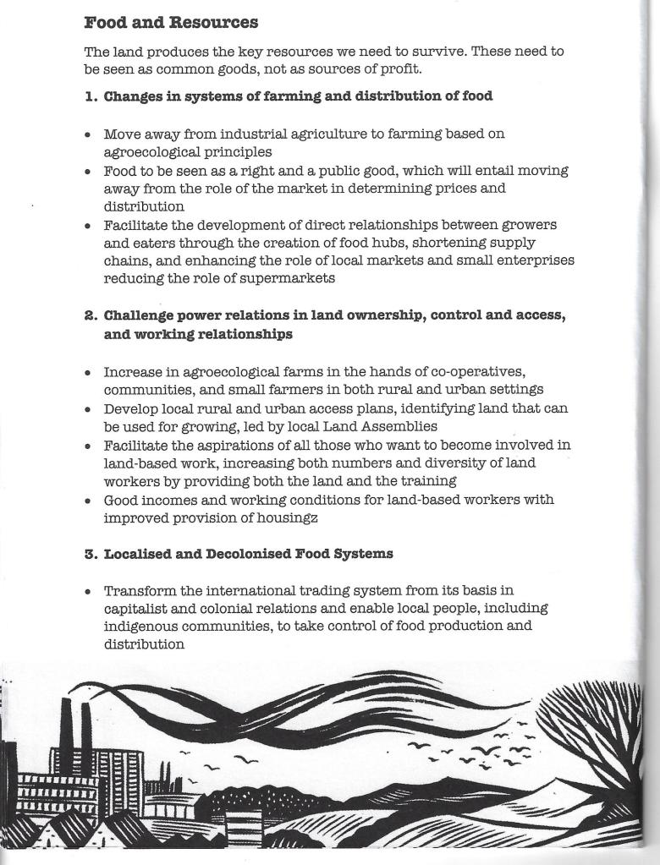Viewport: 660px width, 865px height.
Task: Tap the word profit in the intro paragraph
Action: pyautogui.click(x=399, y=68)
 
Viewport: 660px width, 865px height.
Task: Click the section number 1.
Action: pyautogui.click(x=90, y=96)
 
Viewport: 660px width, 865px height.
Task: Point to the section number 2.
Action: pyautogui.click(x=90, y=315)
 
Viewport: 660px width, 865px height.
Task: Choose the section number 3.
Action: pyautogui.click(x=90, y=554)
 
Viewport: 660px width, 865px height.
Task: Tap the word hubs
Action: pyautogui.click(x=385, y=244)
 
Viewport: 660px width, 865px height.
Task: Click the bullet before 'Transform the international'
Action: pyautogui.click(x=89, y=591)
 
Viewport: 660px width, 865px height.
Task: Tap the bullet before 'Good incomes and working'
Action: pyautogui.click(x=89, y=501)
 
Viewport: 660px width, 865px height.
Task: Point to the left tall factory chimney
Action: pyautogui.click(x=66, y=723)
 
